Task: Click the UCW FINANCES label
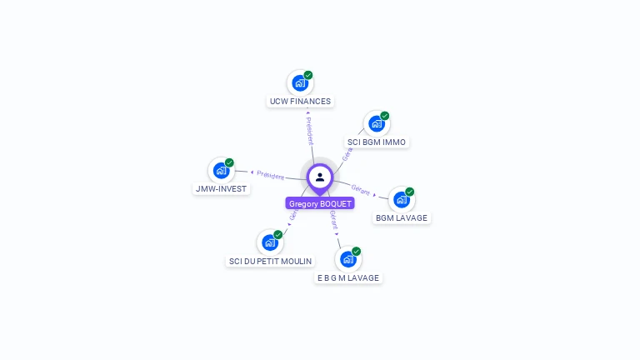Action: click(x=300, y=102)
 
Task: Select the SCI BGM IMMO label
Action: click(x=377, y=142)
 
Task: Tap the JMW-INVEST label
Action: click(x=221, y=189)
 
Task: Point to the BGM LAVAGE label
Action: click(x=402, y=218)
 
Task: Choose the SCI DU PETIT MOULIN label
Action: click(x=270, y=262)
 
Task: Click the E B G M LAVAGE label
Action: click(x=348, y=278)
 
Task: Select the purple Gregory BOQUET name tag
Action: click(x=320, y=203)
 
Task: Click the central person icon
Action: click(x=320, y=177)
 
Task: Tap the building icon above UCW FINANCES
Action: click(x=299, y=83)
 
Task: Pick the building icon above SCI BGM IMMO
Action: click(x=377, y=124)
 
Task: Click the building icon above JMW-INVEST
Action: click(x=221, y=171)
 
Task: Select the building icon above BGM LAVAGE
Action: click(x=402, y=200)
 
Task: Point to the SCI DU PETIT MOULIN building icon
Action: click(x=269, y=242)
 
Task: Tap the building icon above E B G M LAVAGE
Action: click(x=348, y=259)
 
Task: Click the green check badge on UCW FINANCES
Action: click(x=308, y=75)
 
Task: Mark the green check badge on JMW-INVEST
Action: click(x=229, y=162)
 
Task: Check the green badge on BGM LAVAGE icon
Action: click(x=410, y=192)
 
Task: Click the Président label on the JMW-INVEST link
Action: click(x=270, y=175)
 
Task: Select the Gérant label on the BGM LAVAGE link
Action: click(x=361, y=189)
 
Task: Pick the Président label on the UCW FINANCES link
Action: click(x=308, y=130)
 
